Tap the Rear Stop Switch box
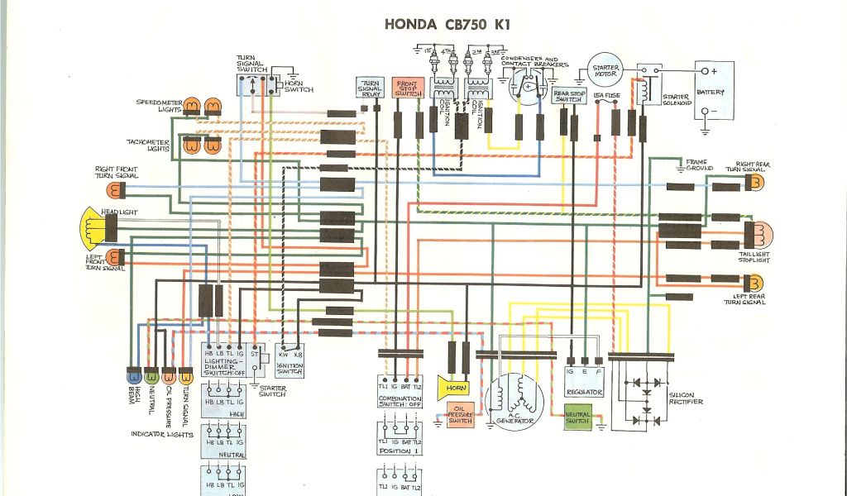569,95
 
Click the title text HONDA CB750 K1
447,24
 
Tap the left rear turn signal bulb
755,279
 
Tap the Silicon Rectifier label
686,398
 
